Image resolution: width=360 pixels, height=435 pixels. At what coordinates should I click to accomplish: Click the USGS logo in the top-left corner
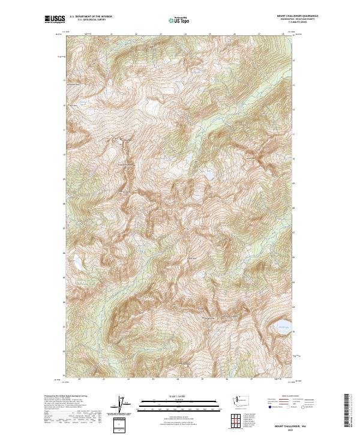click(x=54, y=19)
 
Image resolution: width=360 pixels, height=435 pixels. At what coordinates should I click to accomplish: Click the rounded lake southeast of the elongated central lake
click(x=209, y=176)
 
